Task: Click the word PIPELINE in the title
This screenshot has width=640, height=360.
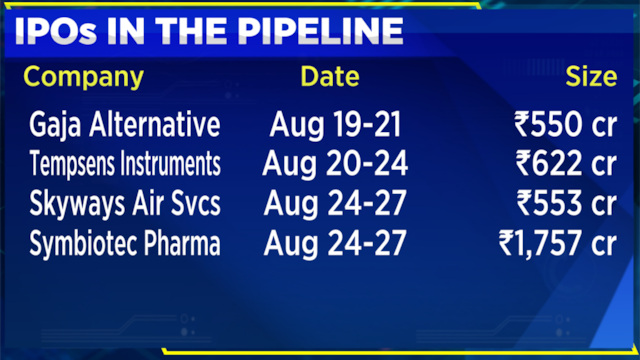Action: coord(320,31)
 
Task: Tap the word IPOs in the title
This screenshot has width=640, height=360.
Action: coord(56,31)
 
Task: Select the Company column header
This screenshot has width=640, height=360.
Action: coord(84,78)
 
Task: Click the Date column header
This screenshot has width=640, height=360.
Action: coord(330,76)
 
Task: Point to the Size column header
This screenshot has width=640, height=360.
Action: coord(591,76)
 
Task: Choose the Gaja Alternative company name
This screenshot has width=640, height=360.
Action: coord(125,124)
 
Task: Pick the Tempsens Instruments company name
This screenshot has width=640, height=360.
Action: coord(125,164)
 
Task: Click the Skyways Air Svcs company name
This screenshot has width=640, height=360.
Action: coord(125,203)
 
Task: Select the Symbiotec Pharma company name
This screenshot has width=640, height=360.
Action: coord(125,243)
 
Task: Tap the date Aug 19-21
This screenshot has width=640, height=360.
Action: coord(336,124)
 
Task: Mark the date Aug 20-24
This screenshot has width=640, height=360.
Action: coord(335,164)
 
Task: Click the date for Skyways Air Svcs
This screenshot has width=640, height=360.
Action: coord(335,203)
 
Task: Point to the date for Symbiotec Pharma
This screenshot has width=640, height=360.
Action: coord(335,243)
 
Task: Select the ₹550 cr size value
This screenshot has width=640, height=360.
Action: coord(565,124)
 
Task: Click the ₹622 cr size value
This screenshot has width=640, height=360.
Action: coord(566,163)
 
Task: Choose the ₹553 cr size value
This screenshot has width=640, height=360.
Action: coord(567,203)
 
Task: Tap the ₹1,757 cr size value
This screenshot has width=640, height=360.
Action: coord(558,243)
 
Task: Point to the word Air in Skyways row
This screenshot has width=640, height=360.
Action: coord(148,203)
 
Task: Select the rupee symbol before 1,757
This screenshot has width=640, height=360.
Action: coord(506,242)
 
